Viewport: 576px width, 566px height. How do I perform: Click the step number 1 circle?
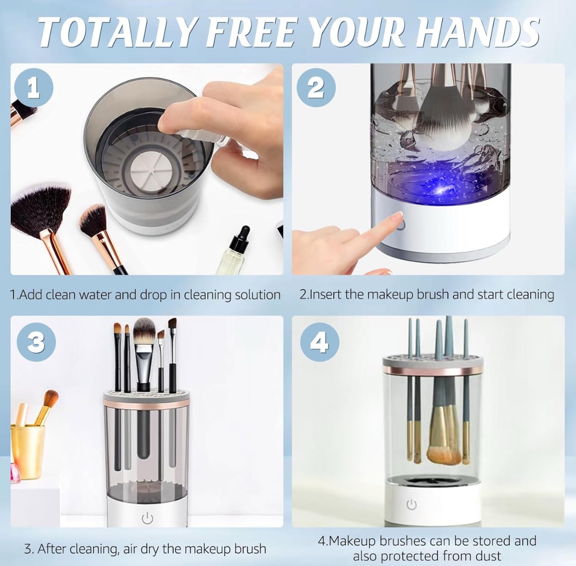tap(34, 88)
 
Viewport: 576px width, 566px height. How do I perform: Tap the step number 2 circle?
tap(316, 88)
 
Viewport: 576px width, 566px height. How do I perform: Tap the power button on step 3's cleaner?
tap(147, 519)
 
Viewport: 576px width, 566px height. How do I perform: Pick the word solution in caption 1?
tap(257, 295)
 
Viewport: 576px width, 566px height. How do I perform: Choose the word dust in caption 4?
tap(487, 556)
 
